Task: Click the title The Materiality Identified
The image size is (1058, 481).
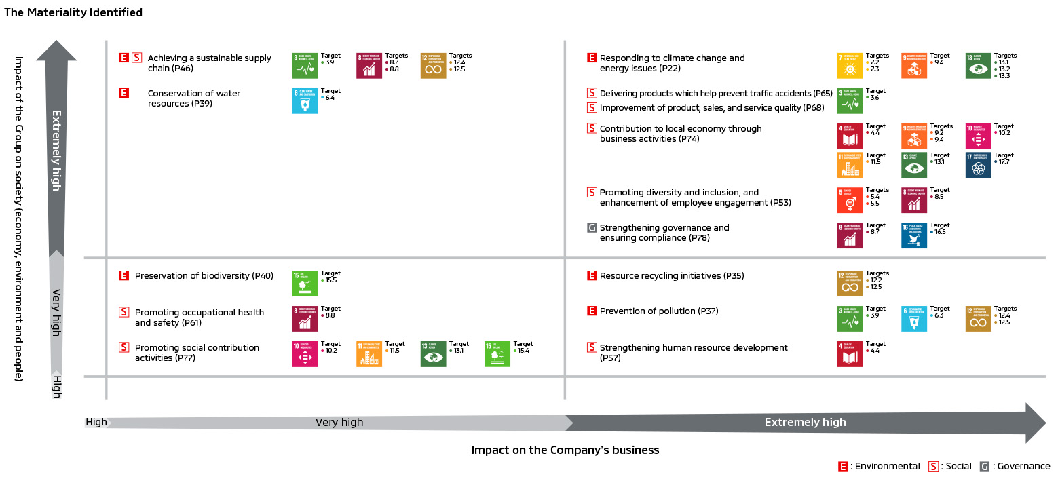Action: pyautogui.click(x=73, y=12)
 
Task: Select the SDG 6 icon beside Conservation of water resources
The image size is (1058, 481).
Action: pyautogui.click(x=305, y=100)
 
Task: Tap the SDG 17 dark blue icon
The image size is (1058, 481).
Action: pyautogui.click(x=978, y=166)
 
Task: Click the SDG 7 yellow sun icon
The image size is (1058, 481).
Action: pyautogui.click(x=850, y=65)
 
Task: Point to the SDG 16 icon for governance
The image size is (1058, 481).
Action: pyautogui.click(x=914, y=235)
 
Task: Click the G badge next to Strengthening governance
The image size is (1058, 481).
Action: pyautogui.click(x=592, y=228)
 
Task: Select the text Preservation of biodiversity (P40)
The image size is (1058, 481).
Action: pyautogui.click(x=204, y=276)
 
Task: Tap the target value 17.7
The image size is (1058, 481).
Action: pyautogui.click(x=1004, y=163)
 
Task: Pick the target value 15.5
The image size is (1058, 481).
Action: pyautogui.click(x=330, y=280)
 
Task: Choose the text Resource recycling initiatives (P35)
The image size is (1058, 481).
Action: pyautogui.click(x=672, y=276)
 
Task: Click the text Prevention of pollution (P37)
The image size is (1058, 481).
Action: pyautogui.click(x=659, y=311)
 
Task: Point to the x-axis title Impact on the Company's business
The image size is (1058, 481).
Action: pyautogui.click(x=565, y=450)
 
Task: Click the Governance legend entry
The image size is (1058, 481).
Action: pyautogui.click(x=1015, y=466)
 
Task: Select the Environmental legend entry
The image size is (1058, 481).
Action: pyautogui.click(x=880, y=466)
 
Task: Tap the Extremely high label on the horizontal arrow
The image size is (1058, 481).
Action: pyautogui.click(x=805, y=422)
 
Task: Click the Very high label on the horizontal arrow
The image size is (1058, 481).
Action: pyautogui.click(x=339, y=422)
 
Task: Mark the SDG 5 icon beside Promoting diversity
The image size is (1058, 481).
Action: pyautogui.click(x=850, y=200)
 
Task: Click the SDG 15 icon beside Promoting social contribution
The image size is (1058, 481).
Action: pyautogui.click(x=497, y=354)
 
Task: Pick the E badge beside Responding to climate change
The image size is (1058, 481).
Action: pyautogui.click(x=592, y=58)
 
